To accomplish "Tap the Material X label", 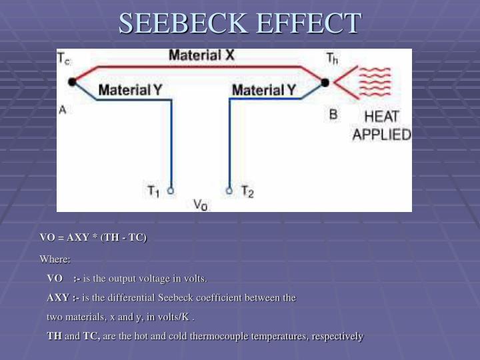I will (201, 56).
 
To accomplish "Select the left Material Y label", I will (131, 89).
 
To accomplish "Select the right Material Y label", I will (264, 89).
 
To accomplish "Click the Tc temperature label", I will (65, 60).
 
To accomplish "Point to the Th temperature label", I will (331, 60).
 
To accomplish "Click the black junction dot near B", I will (325, 83).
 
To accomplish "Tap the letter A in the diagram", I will (63, 111).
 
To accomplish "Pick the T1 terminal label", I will (153, 191).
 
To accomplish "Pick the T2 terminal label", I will (247, 191).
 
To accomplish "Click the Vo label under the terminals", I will (200, 205).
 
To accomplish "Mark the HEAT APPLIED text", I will (381, 126).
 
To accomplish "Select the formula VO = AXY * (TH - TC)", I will (93, 238).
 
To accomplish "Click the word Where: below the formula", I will (55, 259).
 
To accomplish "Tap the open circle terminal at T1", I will (170, 190).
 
